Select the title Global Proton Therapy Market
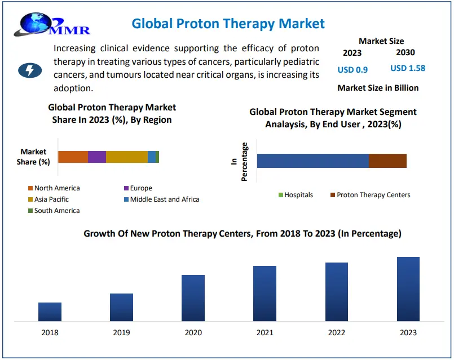(228, 24)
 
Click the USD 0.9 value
(352, 70)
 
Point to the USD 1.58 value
(408, 68)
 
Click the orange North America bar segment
(73, 157)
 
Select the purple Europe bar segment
(97, 157)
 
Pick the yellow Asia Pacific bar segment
(127, 157)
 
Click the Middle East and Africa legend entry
(161, 199)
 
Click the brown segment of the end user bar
(387, 161)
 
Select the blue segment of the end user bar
(312, 161)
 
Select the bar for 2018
(50, 312)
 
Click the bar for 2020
(193, 298)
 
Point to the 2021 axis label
(265, 333)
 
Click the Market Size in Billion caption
(378, 88)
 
